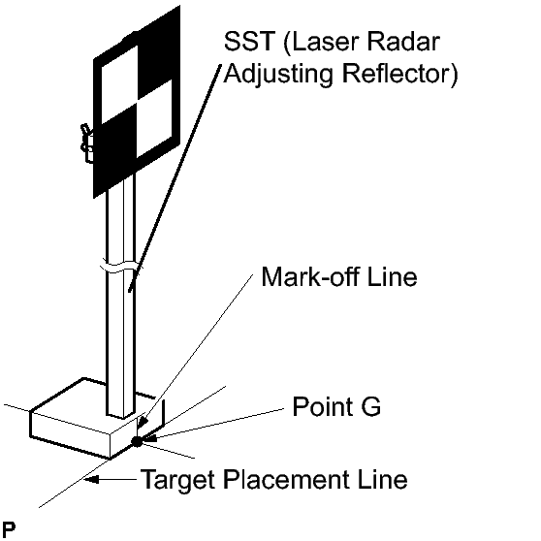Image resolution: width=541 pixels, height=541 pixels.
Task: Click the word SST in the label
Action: (249, 42)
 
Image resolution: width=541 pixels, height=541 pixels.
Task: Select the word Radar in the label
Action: (403, 42)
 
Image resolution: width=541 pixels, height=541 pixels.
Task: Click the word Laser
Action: (322, 42)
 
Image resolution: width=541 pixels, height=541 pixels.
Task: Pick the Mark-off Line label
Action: (339, 276)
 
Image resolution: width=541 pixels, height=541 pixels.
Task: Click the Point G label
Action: (336, 406)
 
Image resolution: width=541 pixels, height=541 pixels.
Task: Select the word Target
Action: (179, 480)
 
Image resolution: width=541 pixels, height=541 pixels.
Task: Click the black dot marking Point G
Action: (137, 441)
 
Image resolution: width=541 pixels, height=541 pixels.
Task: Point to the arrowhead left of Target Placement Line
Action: (92, 479)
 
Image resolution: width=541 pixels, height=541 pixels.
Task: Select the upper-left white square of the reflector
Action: (119, 84)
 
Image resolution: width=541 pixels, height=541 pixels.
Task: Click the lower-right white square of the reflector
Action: (154, 119)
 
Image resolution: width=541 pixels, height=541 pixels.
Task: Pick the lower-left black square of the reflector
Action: (118, 141)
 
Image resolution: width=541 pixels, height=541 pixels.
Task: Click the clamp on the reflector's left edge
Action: (87, 143)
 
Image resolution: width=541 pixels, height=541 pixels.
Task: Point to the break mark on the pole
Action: (121, 267)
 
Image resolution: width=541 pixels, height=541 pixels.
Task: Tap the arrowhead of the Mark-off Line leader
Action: (143, 422)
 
